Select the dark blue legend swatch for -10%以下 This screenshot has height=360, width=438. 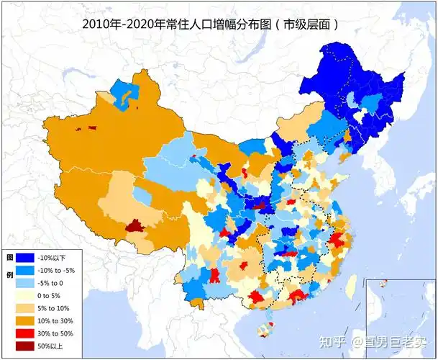tap(26, 258)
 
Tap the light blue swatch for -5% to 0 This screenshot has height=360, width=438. tap(26, 284)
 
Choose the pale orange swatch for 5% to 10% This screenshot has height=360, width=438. tap(26, 309)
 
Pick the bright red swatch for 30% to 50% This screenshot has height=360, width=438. tap(26, 333)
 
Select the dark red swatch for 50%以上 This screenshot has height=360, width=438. tap(26, 346)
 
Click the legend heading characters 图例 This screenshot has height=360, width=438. tap(10, 266)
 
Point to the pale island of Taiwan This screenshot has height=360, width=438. tap(351, 287)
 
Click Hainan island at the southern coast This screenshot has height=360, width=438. tap(267, 330)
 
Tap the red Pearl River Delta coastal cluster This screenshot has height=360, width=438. tap(296, 296)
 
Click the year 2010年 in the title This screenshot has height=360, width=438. tap(102, 24)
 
